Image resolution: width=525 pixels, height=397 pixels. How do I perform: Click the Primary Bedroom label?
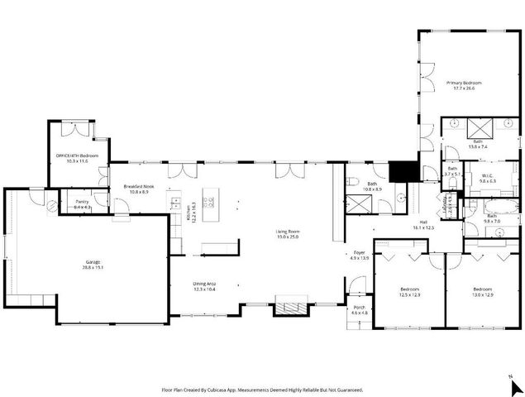(x=464, y=83)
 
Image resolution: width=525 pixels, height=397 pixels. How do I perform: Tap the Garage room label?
(x=98, y=261)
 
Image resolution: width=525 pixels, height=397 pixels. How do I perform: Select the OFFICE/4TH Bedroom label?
(x=77, y=156)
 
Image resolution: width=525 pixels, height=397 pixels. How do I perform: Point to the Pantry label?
(x=82, y=202)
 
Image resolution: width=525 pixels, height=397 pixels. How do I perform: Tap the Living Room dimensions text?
(x=287, y=237)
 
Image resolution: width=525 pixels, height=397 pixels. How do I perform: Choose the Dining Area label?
(x=204, y=284)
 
